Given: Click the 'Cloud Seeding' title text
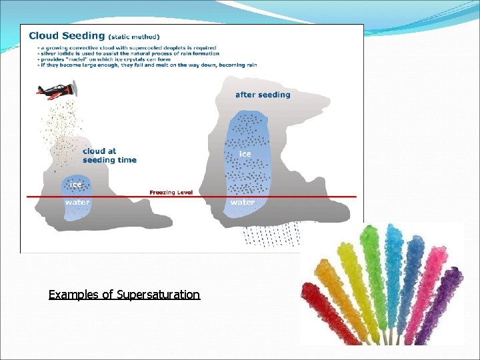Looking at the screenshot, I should (66, 36).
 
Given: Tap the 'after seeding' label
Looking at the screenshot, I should (263, 95).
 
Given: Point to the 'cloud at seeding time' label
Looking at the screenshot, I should (109, 156).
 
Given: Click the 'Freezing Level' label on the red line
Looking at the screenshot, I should (171, 193).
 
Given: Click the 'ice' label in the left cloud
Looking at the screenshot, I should (76, 184).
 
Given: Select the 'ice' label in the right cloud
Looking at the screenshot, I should (245, 154).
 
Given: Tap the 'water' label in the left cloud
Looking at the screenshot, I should (77, 202).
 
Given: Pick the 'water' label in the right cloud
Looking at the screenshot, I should (243, 202).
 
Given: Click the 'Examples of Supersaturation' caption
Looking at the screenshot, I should (124, 294).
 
